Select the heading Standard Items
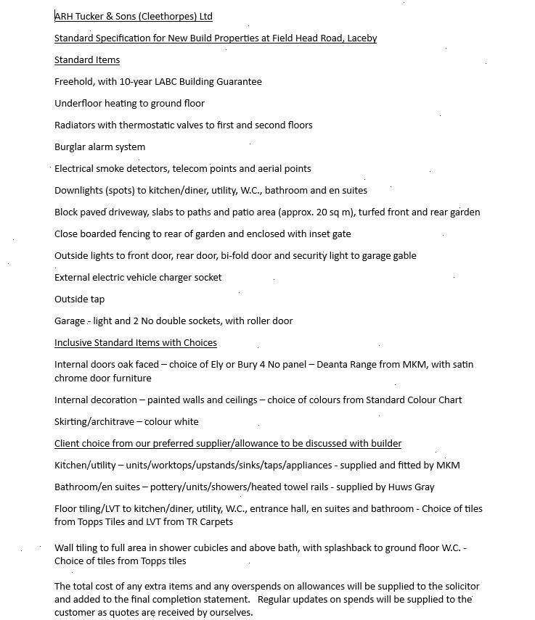pos(87,59)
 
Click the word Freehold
pos(74,81)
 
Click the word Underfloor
pos(78,103)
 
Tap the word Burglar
pos(70,146)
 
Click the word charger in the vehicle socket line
pos(173,277)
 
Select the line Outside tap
pos(79,299)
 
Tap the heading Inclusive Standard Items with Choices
pos(136,342)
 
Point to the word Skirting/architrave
pos(94,421)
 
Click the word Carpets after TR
pos(215,521)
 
